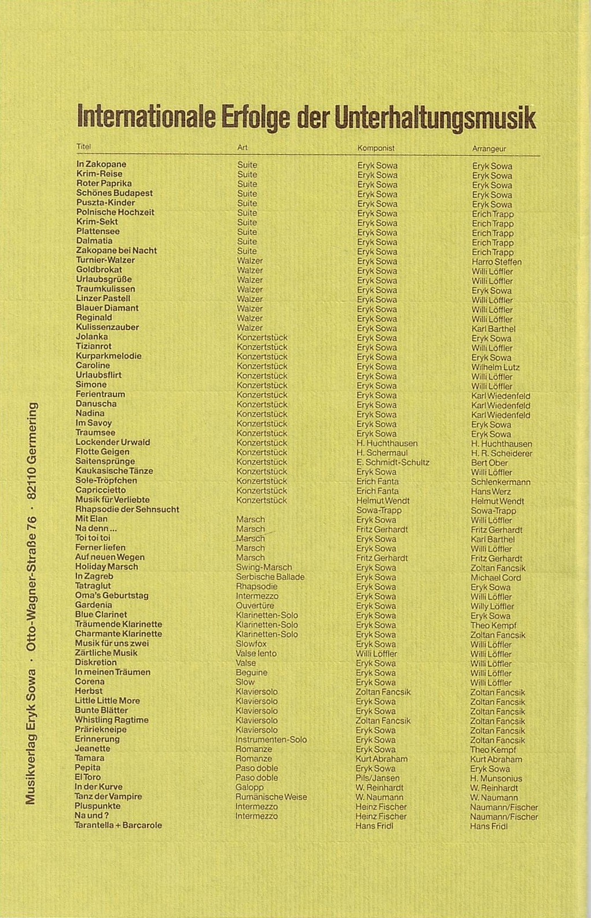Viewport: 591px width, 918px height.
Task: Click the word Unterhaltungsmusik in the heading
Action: pyautogui.click(x=435, y=118)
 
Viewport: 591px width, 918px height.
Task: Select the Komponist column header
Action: pyautogui.click(x=376, y=148)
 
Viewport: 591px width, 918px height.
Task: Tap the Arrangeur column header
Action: pyautogui.click(x=489, y=149)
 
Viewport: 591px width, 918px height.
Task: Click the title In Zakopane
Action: pyautogui.click(x=101, y=164)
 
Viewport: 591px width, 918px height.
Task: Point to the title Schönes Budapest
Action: pyautogui.click(x=115, y=193)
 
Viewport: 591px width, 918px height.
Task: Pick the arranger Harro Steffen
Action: pyautogui.click(x=497, y=262)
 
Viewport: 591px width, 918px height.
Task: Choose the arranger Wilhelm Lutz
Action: pyautogui.click(x=495, y=367)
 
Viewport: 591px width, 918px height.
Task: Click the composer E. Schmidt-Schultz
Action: pyautogui.click(x=393, y=462)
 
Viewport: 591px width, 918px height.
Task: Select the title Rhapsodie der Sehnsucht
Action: pyautogui.click(x=127, y=509)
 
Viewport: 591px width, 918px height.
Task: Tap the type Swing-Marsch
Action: pyautogui.click(x=264, y=568)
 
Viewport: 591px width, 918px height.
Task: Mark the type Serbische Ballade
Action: pyautogui.click(x=270, y=577)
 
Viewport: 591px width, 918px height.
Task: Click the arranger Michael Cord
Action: pyautogui.click(x=495, y=577)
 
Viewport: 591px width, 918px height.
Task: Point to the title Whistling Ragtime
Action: pyautogui.click(x=112, y=720)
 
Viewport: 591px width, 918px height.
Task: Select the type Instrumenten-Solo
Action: pyautogui.click(x=271, y=740)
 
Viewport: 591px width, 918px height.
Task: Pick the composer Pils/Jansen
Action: pyautogui.click(x=377, y=778)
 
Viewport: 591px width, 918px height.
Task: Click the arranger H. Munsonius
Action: pyautogui.click(x=496, y=778)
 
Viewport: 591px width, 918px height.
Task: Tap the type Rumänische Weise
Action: pyautogui.click(x=271, y=797)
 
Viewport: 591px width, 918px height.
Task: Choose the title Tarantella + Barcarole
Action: pyautogui.click(x=118, y=825)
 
